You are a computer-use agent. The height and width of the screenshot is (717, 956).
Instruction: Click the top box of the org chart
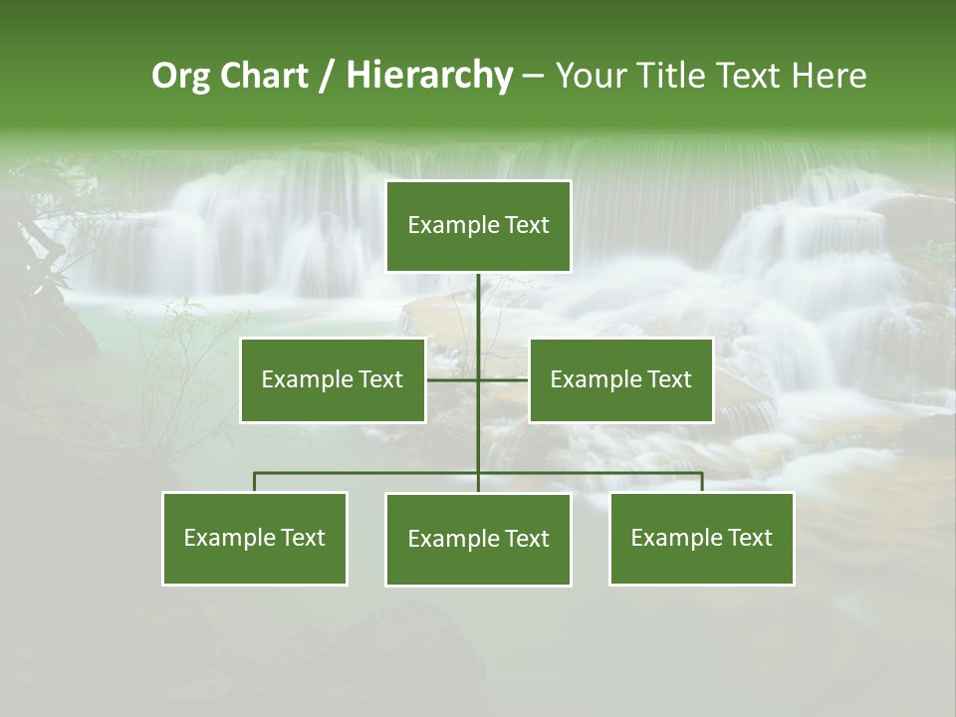pyautogui.click(x=478, y=226)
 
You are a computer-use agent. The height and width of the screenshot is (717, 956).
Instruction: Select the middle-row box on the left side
pyautogui.click(x=332, y=379)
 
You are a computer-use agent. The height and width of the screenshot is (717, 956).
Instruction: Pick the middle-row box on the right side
pyautogui.click(x=620, y=379)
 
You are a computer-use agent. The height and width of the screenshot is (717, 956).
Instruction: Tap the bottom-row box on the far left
pyautogui.click(x=254, y=538)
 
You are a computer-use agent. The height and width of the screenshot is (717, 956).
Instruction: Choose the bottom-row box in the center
pyautogui.click(x=478, y=539)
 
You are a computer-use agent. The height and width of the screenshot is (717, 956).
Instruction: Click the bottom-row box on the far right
pyautogui.click(x=701, y=538)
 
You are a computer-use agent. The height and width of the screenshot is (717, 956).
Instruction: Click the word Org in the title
pyautogui.click(x=180, y=76)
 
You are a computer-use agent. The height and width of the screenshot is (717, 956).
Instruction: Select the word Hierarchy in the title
pyautogui.click(x=428, y=76)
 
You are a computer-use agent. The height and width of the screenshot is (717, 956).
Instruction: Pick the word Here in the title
pyautogui.click(x=829, y=76)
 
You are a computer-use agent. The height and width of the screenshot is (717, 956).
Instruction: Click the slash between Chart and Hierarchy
pyautogui.click(x=327, y=77)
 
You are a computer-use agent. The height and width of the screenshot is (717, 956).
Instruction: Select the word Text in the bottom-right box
pyautogui.click(x=749, y=538)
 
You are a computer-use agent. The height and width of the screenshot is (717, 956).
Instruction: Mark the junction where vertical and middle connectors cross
pyautogui.click(x=478, y=379)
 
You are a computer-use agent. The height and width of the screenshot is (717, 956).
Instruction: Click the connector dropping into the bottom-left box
pyautogui.click(x=254, y=482)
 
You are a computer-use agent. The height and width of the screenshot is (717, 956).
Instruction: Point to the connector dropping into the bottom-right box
pyautogui.click(x=702, y=482)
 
